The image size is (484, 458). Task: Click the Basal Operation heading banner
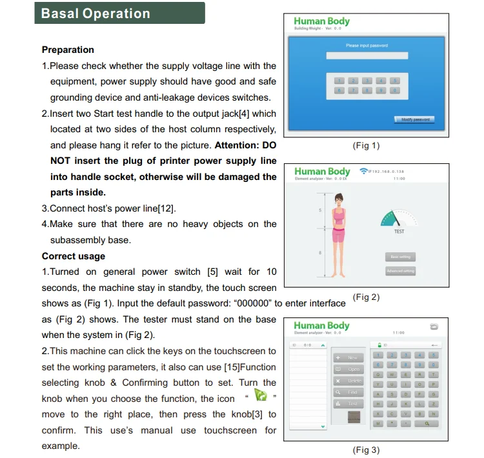click(119, 14)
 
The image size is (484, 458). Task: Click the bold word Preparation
click(68, 50)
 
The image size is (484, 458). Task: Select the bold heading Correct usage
click(73, 255)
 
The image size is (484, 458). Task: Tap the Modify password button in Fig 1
click(414, 119)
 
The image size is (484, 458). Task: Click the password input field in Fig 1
click(367, 56)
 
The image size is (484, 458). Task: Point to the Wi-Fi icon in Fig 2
click(363, 172)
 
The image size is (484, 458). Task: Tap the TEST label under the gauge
click(399, 231)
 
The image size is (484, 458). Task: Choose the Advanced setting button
click(400, 271)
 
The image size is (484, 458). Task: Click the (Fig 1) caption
click(366, 145)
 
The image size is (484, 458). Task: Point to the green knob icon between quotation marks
click(260, 395)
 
